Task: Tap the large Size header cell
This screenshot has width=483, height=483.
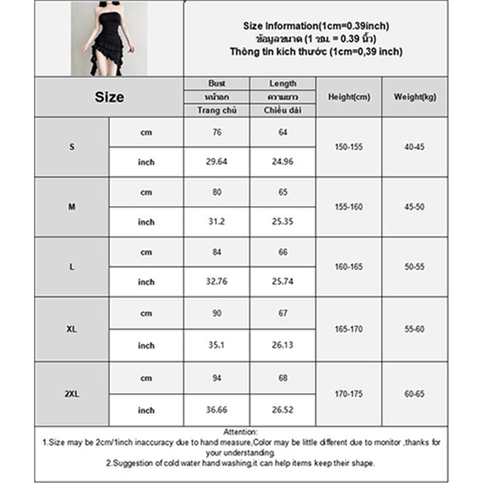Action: pyautogui.click(x=109, y=97)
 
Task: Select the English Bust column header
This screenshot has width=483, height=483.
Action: pyautogui.click(x=217, y=83)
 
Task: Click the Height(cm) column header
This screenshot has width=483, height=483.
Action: pyautogui.click(x=349, y=97)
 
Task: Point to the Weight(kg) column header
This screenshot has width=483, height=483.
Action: pyautogui.click(x=415, y=97)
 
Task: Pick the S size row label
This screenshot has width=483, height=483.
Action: pyautogui.click(x=72, y=147)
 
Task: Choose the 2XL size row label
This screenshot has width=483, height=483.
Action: pyautogui.click(x=72, y=394)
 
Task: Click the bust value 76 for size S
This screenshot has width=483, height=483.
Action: pyautogui.click(x=217, y=132)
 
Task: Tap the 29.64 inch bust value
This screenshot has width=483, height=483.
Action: pyautogui.click(x=216, y=162)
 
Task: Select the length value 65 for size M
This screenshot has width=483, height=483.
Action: pyautogui.click(x=283, y=192)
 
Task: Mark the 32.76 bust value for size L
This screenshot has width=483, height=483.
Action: pyautogui.click(x=216, y=281)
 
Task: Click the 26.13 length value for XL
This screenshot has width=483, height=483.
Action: pyautogui.click(x=283, y=345)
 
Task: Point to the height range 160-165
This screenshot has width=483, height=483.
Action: pyautogui.click(x=349, y=267)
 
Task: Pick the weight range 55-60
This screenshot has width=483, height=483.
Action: pyautogui.click(x=414, y=329)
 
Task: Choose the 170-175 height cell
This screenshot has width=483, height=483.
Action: pyautogui.click(x=349, y=394)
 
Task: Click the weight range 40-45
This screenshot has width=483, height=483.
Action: pyautogui.click(x=414, y=147)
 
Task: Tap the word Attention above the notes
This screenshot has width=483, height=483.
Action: pyautogui.click(x=240, y=432)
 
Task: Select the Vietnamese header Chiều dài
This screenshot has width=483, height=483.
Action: pyautogui.click(x=283, y=110)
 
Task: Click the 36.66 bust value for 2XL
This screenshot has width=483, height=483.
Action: pyautogui.click(x=216, y=410)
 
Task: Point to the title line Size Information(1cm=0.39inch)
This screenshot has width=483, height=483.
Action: pyautogui.click(x=316, y=26)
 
